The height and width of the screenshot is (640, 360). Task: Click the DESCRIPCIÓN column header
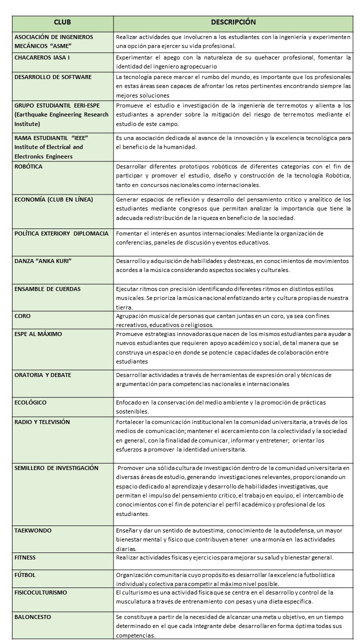click(x=233, y=22)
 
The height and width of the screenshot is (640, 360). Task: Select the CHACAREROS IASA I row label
click(x=42, y=58)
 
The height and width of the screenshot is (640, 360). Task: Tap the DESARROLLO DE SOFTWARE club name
click(x=53, y=77)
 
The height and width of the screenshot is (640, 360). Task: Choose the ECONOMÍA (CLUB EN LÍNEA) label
click(x=54, y=199)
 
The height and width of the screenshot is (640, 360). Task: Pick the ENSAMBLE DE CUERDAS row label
click(x=47, y=289)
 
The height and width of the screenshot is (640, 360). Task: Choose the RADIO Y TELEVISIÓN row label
click(x=42, y=422)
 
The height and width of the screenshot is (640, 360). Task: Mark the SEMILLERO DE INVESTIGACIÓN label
click(x=56, y=468)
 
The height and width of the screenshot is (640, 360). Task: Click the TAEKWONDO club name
click(x=33, y=530)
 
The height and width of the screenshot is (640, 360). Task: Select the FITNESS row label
click(x=25, y=557)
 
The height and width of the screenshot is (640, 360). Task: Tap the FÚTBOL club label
click(x=25, y=575)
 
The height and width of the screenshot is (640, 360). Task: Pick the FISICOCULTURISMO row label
click(x=40, y=592)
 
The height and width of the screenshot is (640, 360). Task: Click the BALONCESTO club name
click(x=32, y=617)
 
